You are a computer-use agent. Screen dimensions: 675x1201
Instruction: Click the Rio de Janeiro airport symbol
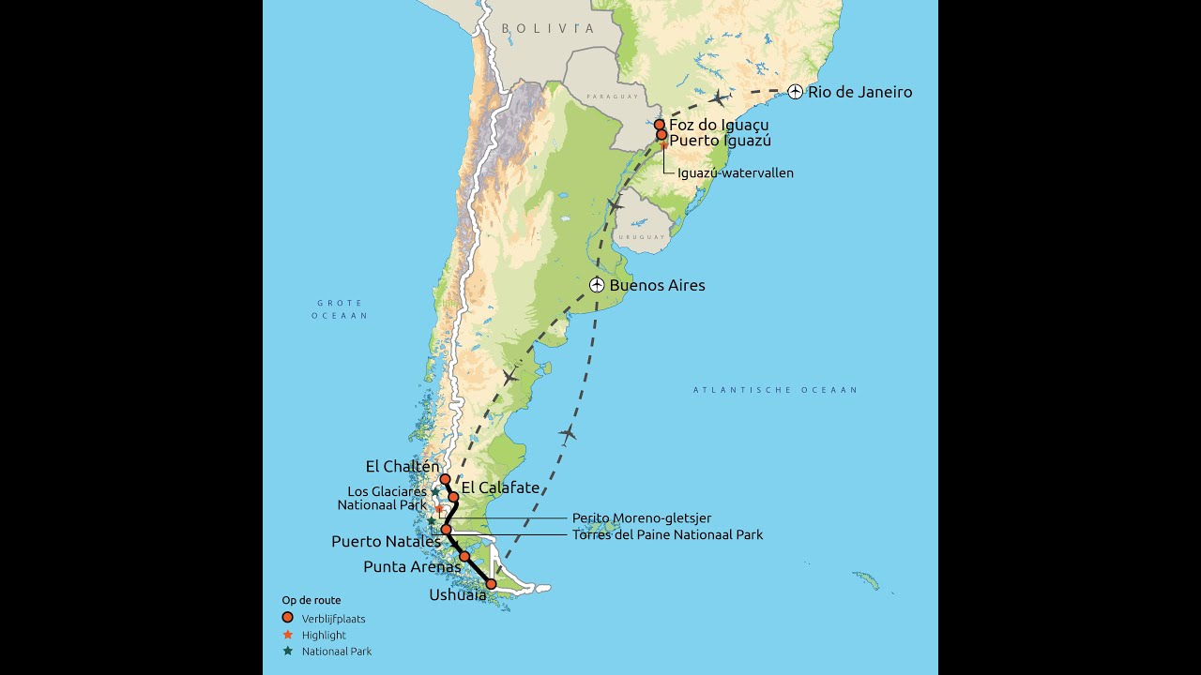pos(795,92)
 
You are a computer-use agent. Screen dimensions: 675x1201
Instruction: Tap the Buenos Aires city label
pos(657,285)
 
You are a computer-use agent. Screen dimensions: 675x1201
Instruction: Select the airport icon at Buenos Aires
pos(597,285)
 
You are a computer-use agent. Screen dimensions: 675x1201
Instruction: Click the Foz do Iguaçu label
pos(719,125)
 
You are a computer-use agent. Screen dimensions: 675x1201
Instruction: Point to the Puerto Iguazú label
pos(720,141)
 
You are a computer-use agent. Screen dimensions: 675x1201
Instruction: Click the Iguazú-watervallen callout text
pos(736,173)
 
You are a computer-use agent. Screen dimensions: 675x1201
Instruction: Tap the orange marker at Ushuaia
pos(491,584)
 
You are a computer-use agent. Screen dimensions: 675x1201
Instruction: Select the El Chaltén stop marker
pos(446,479)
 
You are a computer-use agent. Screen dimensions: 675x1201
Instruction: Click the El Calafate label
pos(500,487)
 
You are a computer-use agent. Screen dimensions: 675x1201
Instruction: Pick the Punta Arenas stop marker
pos(464,556)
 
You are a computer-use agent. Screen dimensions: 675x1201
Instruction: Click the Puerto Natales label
pos(386,542)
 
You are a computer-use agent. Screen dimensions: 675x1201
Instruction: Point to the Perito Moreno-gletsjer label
pos(642,517)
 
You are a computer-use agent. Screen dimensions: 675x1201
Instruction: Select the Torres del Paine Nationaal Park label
pos(667,534)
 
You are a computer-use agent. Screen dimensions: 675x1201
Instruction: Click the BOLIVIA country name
pos(548,29)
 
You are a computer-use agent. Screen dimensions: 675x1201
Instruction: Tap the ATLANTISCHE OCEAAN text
pos(775,390)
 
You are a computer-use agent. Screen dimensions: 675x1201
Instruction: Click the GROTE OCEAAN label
pos(340,309)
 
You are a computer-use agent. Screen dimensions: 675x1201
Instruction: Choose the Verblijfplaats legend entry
pos(333,619)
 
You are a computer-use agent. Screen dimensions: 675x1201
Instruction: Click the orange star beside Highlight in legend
pos(288,635)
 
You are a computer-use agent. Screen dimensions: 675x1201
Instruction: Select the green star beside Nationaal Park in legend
pos(288,651)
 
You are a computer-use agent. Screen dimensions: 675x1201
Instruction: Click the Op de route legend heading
pos(312,600)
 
